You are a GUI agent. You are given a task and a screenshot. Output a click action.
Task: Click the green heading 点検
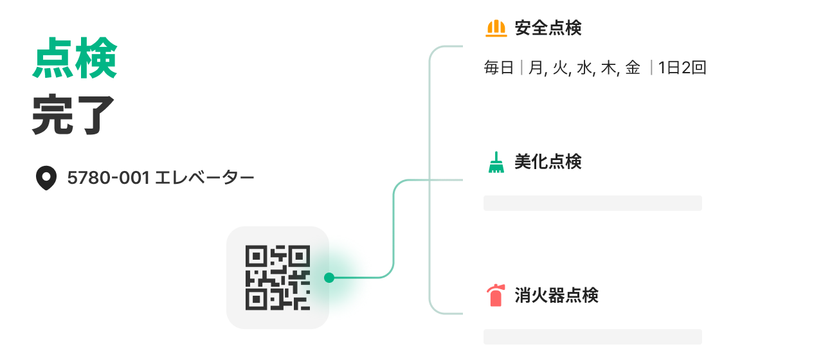(x=75, y=58)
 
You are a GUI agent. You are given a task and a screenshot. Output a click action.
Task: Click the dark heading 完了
(x=73, y=115)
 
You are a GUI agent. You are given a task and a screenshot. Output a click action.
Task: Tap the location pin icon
(x=46, y=178)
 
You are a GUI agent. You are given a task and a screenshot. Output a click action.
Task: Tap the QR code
(x=277, y=278)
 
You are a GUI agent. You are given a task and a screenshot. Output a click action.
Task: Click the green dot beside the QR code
(x=329, y=278)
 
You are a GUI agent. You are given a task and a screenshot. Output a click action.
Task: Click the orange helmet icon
(x=496, y=28)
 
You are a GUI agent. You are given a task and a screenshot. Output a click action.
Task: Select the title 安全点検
(x=548, y=28)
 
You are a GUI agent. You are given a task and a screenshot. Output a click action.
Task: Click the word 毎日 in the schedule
(x=499, y=68)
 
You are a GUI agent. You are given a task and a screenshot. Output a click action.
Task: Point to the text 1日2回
(x=682, y=68)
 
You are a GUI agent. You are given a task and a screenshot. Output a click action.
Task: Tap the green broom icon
(x=496, y=162)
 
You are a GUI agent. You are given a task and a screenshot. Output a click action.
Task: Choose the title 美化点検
(x=548, y=162)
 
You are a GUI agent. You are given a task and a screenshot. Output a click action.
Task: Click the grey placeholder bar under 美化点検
(x=592, y=203)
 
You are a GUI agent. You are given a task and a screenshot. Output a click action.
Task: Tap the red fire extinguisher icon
(x=495, y=296)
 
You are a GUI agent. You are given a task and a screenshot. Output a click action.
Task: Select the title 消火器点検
(x=556, y=296)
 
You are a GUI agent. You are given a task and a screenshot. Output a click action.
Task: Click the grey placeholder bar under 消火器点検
(x=592, y=337)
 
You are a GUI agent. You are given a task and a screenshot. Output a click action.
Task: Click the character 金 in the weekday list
(x=633, y=68)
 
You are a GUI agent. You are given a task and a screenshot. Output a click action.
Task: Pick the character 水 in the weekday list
(x=583, y=68)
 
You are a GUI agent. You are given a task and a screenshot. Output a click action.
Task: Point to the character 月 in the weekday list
(x=536, y=68)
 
